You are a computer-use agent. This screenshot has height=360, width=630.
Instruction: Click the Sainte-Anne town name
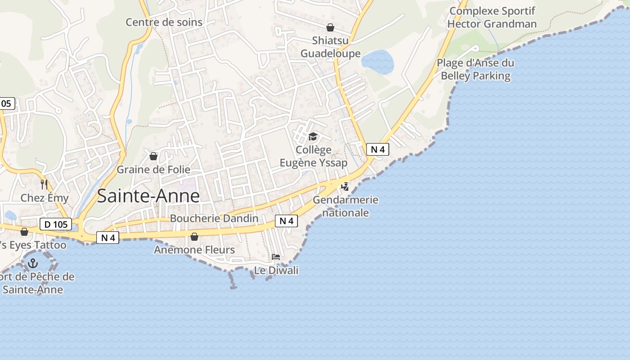pos(148,196)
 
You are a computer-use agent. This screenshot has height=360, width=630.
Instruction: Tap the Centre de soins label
pos(164,22)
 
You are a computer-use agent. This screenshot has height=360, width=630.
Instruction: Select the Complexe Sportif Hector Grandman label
pos(492,17)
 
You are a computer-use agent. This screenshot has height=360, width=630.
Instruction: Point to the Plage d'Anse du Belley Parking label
pos(476,69)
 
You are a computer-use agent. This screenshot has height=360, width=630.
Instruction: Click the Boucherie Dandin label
pos(214,219)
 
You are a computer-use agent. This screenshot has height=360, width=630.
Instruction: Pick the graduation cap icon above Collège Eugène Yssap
pos(313,136)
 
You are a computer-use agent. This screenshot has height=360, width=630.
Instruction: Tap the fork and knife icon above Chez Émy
pos(44,184)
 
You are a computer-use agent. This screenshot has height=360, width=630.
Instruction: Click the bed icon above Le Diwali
pos(276,257)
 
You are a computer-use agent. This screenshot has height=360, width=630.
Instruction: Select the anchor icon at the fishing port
pos(33,263)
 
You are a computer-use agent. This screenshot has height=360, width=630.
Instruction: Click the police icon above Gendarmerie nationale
pos(345,186)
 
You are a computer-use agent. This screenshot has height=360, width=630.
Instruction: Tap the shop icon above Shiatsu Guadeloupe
pos(330,27)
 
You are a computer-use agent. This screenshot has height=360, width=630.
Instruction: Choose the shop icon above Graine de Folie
pos(153,156)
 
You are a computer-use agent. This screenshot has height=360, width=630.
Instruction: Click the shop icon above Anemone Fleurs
pos(194,236)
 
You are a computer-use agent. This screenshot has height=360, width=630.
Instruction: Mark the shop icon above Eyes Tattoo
pos(24,231)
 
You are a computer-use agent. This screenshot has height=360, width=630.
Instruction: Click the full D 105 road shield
pos(56,224)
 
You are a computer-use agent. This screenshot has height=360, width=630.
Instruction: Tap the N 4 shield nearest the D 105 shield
pos(108,238)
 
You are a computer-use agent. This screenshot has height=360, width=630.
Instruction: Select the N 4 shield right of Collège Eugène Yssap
pos(378,149)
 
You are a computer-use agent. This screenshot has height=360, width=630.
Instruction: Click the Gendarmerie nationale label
pos(346,206)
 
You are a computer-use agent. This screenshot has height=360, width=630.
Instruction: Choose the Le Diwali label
pos(276,270)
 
